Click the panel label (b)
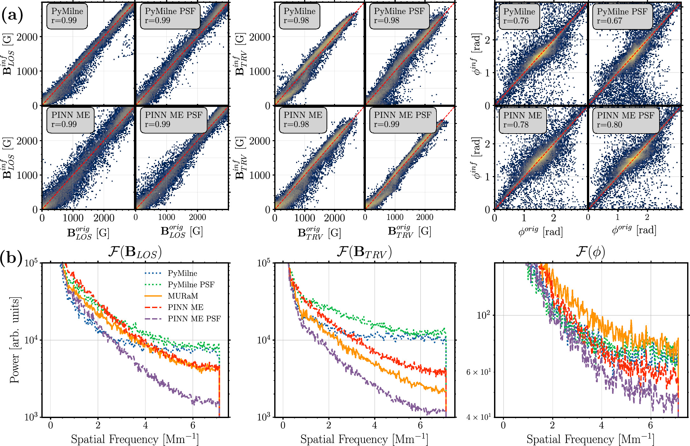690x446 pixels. [x=11, y=257]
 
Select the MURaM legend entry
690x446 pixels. [x=183, y=296]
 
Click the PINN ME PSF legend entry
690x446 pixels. [x=194, y=319]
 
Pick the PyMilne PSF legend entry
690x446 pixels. [x=191, y=285]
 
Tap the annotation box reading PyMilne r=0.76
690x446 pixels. [x=519, y=16]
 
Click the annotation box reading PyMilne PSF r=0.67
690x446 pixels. [x=622, y=16]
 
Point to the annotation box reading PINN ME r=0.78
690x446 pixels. [x=522, y=120]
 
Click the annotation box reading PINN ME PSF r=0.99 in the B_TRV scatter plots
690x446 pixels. [x=402, y=120]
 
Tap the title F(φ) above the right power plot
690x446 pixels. [x=590, y=252]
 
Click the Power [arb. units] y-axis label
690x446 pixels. [x=15, y=340]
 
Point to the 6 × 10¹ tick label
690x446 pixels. [x=478, y=372]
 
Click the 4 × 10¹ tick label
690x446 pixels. [x=478, y=417]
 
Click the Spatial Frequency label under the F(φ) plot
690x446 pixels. [x=590, y=439]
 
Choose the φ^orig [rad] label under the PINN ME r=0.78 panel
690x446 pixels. [x=540, y=231]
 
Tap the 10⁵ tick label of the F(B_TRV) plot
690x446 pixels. [x=264, y=263]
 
